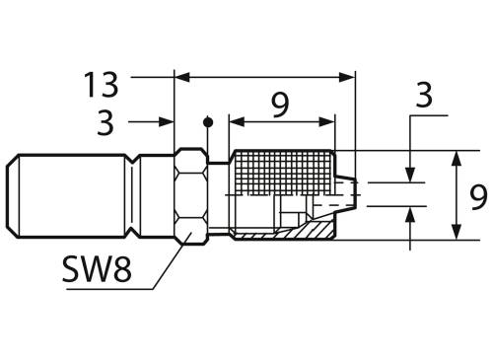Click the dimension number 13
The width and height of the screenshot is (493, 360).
point(103,84)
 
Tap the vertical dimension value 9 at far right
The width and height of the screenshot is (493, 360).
point(478,197)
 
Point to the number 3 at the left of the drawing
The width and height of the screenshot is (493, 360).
point(105,122)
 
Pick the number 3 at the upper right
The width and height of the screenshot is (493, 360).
point(424,95)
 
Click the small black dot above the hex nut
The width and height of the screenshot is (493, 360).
point(207,121)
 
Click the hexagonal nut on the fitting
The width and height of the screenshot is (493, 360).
point(190,194)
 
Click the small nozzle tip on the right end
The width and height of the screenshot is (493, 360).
point(343,192)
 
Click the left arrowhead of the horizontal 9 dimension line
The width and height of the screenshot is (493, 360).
point(235,121)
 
